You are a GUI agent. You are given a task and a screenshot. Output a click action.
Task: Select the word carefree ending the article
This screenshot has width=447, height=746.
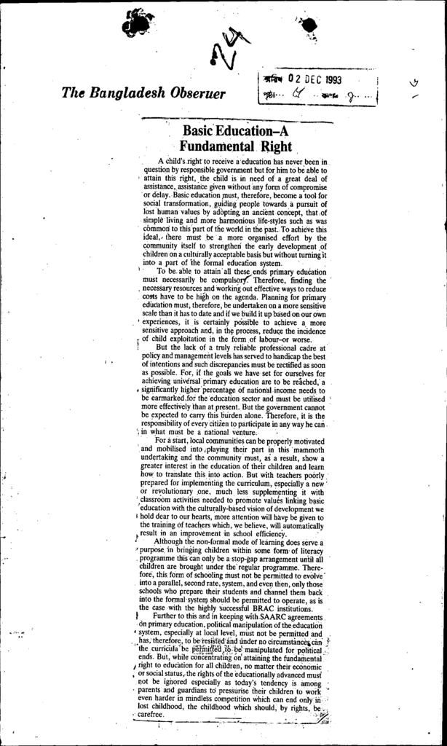[x=156, y=715]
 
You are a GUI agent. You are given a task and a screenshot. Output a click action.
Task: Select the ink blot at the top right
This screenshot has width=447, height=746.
[x=309, y=25]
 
